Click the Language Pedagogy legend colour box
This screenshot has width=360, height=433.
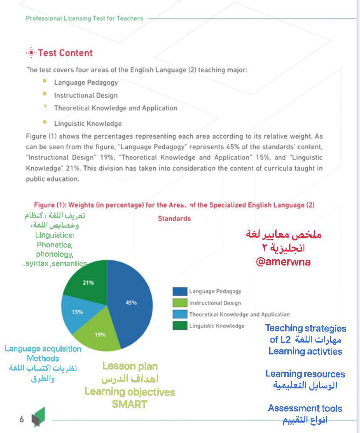180,292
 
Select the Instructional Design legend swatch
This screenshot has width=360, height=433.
180,303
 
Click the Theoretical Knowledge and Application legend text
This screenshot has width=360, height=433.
239,314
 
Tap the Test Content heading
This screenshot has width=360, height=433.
65,53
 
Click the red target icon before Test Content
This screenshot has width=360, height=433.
31,53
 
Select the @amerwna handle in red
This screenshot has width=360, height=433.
283,262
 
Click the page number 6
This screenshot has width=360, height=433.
21,420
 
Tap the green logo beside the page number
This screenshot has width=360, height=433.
38,417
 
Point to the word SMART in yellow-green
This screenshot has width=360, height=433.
130,404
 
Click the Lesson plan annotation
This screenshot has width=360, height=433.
130,366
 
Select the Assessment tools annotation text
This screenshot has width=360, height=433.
305,408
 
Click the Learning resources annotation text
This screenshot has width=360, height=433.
305,374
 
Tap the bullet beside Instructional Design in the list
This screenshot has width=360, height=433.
45,94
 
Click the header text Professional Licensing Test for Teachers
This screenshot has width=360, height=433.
84,18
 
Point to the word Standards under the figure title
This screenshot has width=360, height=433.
174,218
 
